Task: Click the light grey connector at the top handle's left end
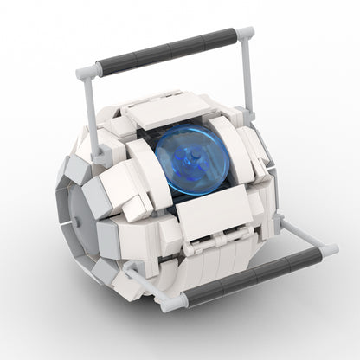[x=87, y=74]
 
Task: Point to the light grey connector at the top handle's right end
[x=245, y=34]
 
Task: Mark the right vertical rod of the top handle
[x=248, y=78]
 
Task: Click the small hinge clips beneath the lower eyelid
[x=208, y=247]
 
